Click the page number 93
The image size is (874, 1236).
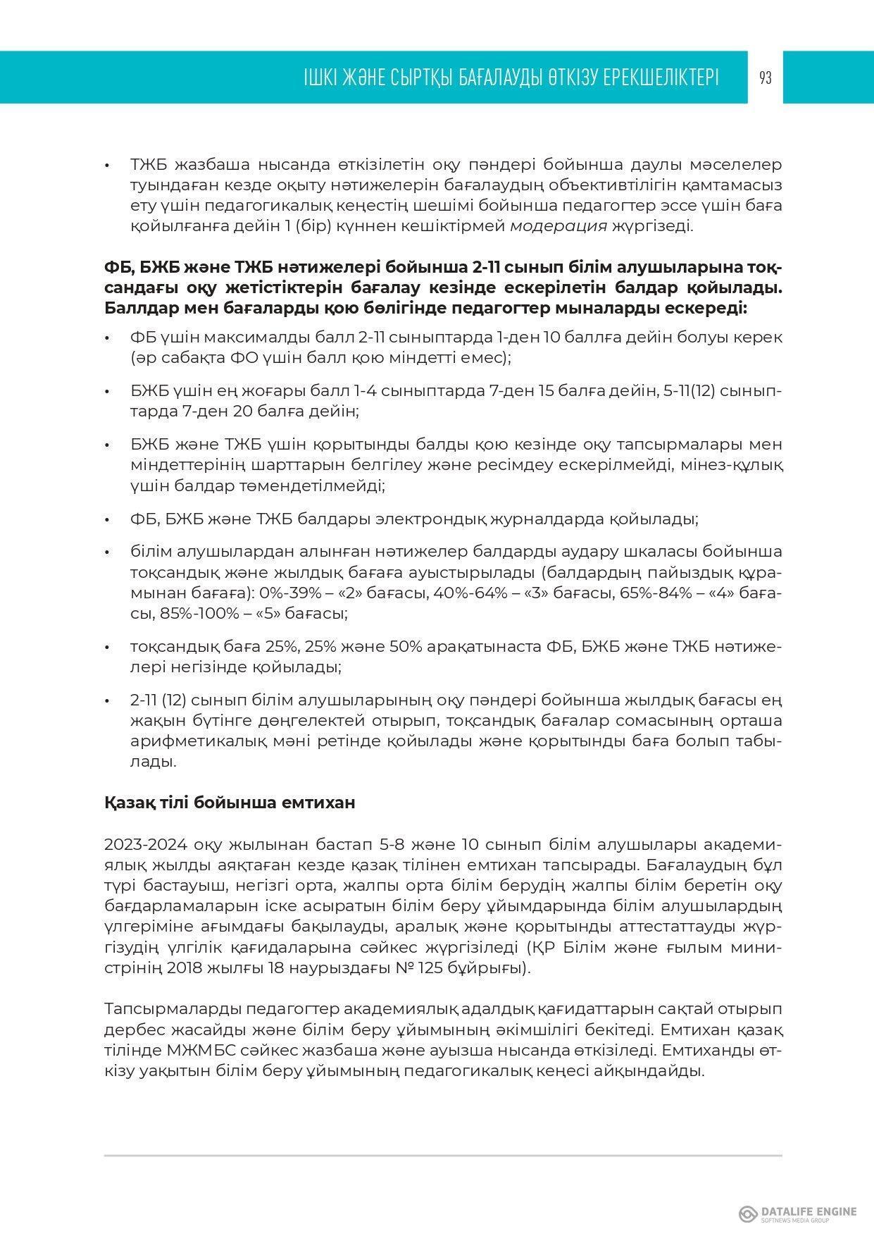766,78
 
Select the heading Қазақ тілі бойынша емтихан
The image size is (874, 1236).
230,803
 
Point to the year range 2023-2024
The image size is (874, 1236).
146,844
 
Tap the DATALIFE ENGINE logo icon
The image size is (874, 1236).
748,1213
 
